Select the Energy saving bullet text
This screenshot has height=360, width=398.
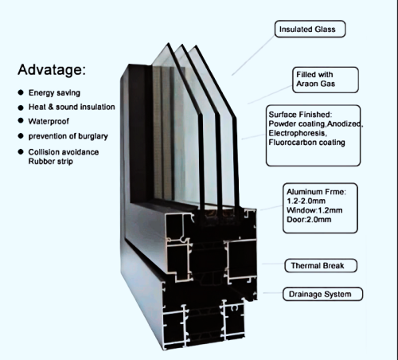[x=57, y=92]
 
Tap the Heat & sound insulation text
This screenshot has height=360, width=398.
[x=72, y=107]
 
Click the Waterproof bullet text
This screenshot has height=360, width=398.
[x=51, y=121]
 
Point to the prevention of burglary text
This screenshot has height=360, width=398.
[x=68, y=136]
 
